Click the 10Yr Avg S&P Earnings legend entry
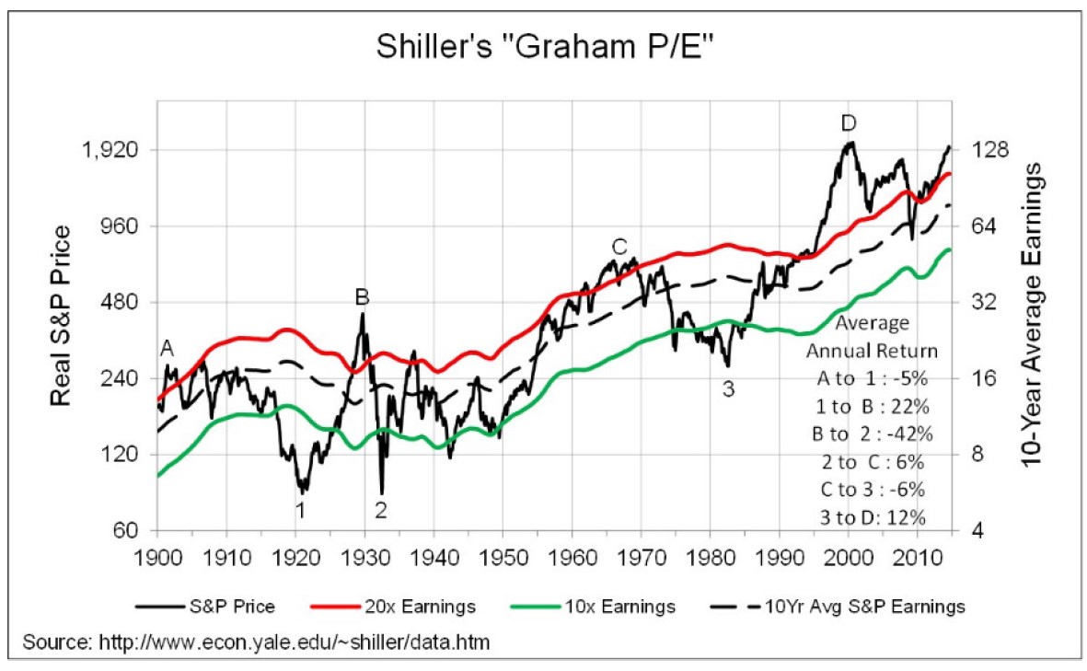pos(863,607)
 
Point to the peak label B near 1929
pos(362,296)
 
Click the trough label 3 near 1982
pos(728,388)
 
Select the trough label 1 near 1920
pos(299,508)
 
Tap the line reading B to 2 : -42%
pos(872,434)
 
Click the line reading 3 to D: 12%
pos(872,517)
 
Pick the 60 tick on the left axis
pos(128,531)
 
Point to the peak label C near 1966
pos(619,246)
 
